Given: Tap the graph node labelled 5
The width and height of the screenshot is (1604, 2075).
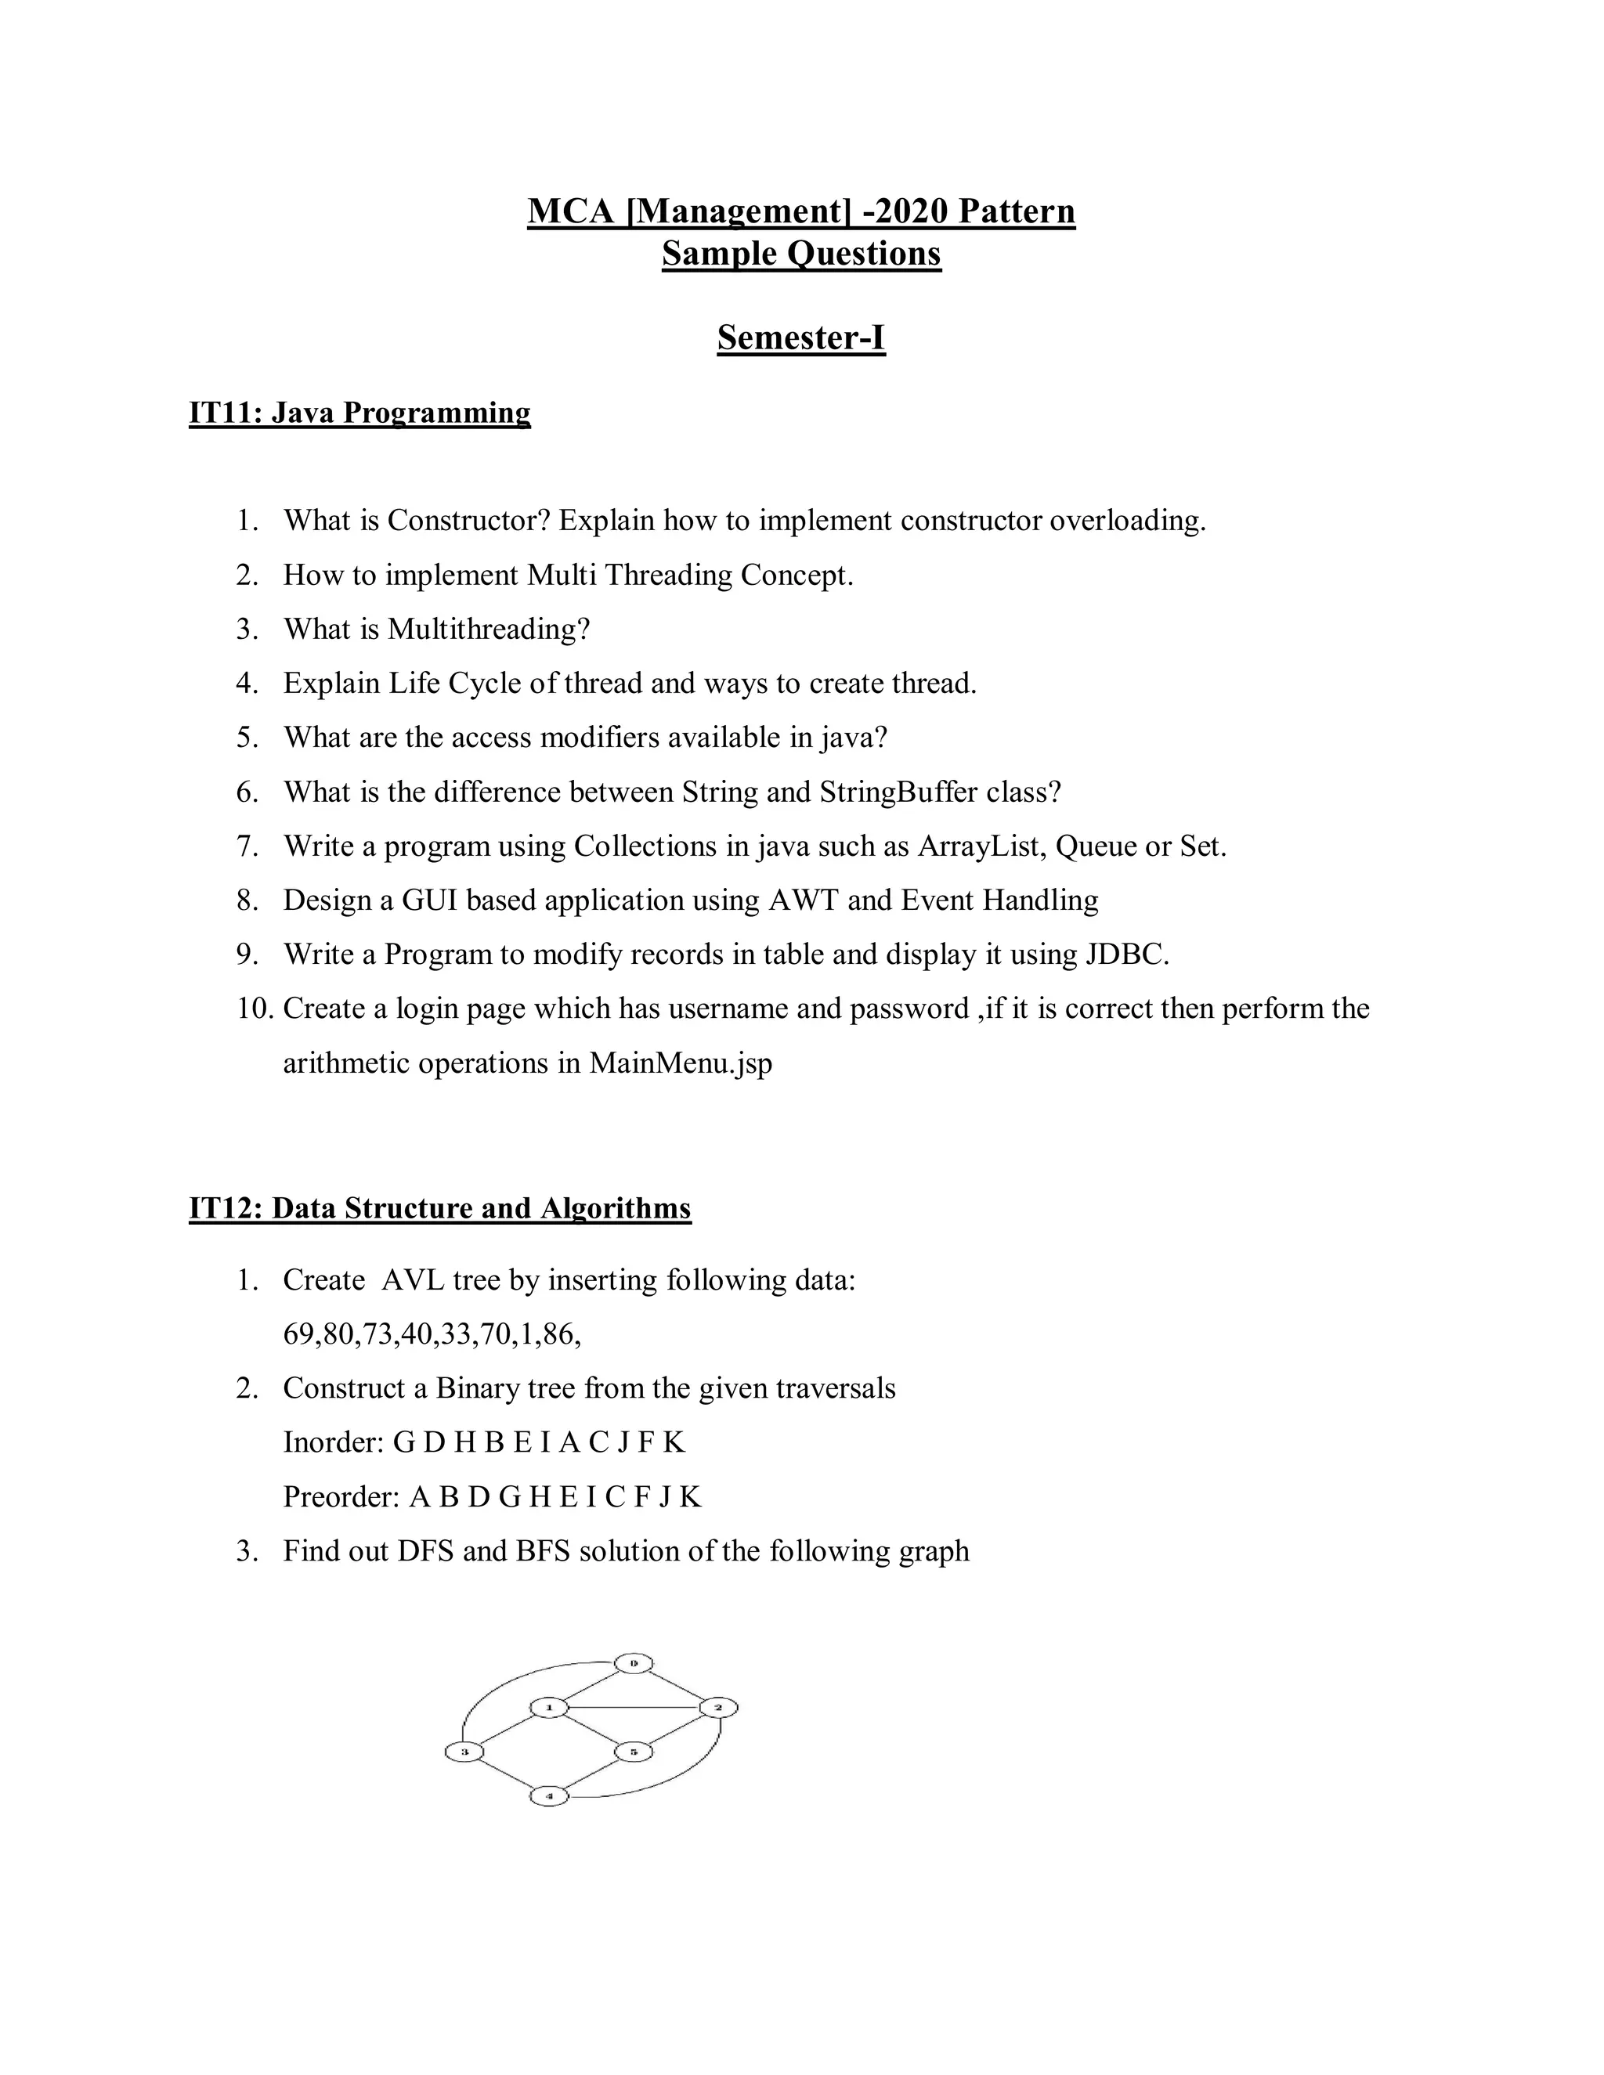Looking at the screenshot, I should [633, 1751].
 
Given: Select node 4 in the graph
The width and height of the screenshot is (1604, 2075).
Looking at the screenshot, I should [549, 1796].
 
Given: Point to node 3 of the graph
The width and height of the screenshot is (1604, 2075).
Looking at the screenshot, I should [464, 1751].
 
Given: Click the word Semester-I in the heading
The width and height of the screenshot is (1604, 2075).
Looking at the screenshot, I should [801, 337].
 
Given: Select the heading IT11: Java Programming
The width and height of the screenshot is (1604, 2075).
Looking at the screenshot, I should [359, 413].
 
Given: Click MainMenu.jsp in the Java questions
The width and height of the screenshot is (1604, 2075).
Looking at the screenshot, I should [681, 1063].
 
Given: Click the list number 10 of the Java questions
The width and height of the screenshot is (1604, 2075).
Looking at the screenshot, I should [255, 1008].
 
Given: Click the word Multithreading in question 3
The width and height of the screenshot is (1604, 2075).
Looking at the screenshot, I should [489, 629].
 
